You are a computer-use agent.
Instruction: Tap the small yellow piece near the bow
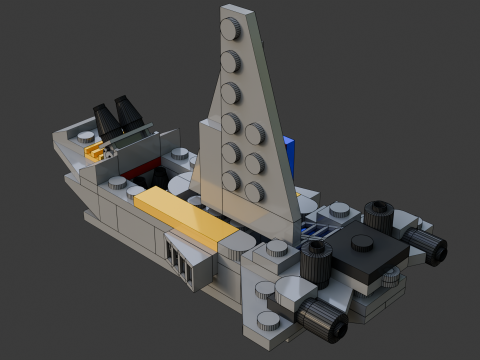point(96,152)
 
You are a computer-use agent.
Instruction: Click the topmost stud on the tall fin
point(231,27)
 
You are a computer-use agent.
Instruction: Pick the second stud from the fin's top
point(232,60)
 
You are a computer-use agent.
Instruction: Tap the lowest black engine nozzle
point(324,322)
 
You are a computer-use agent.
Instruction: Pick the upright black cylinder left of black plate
point(316,262)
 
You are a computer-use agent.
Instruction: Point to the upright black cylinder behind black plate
point(378,215)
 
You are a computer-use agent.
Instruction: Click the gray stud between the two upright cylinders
point(340,210)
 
